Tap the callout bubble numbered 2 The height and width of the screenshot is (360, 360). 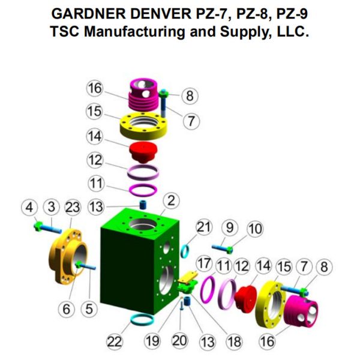click(x=171, y=200)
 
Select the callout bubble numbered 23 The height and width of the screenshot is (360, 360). click(x=73, y=208)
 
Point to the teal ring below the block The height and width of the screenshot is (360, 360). click(x=142, y=320)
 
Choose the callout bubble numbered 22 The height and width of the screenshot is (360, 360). click(x=115, y=342)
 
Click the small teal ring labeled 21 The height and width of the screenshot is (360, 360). click(x=185, y=251)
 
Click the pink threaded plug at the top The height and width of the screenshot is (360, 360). click(x=143, y=95)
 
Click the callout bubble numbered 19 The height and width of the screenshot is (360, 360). click(x=152, y=341)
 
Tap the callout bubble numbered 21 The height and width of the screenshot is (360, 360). click(x=204, y=227)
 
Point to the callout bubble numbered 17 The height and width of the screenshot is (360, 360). click(x=204, y=263)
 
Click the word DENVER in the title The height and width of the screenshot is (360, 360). click(x=161, y=14)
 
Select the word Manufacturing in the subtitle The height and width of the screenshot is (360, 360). click(x=134, y=31)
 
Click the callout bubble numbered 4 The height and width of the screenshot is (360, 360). click(x=29, y=208)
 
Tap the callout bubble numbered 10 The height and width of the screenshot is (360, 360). click(x=255, y=229)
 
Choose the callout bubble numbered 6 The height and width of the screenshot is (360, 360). click(x=67, y=309)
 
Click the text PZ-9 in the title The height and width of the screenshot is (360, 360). click(x=292, y=14)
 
